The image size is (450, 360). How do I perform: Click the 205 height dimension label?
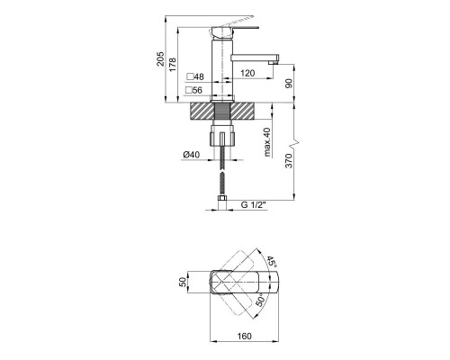[x=160, y=58]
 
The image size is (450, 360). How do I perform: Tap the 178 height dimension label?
[x=173, y=65]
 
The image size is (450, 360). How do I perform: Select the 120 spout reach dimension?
[x=247, y=73]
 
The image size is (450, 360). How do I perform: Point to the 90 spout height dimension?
[x=288, y=83]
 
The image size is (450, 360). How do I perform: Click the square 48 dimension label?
[x=195, y=76]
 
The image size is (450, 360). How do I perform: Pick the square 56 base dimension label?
[x=193, y=90]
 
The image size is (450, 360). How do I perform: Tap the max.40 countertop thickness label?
[x=267, y=142]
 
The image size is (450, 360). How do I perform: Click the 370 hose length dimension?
[x=288, y=161]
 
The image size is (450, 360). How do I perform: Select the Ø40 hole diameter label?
[x=192, y=155]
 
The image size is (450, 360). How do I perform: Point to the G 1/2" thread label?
[x=254, y=205]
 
